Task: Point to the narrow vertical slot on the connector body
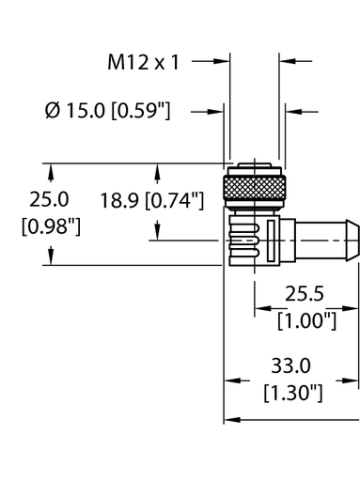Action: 273,242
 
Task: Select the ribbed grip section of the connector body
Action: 242,242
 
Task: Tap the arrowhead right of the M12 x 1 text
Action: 224,63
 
